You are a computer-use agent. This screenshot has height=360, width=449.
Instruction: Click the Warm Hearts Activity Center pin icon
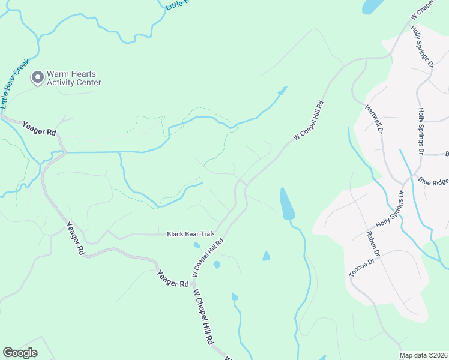point(38,77)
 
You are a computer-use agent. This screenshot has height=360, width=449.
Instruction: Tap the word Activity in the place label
point(61,83)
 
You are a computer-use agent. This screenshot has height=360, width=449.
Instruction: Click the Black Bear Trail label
point(190,234)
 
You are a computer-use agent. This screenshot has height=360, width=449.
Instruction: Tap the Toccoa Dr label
point(363,266)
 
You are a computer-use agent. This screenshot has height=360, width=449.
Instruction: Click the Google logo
point(20,352)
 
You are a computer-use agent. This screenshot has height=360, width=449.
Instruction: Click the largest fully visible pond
point(287,204)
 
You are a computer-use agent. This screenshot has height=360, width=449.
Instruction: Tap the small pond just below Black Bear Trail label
point(197,245)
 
